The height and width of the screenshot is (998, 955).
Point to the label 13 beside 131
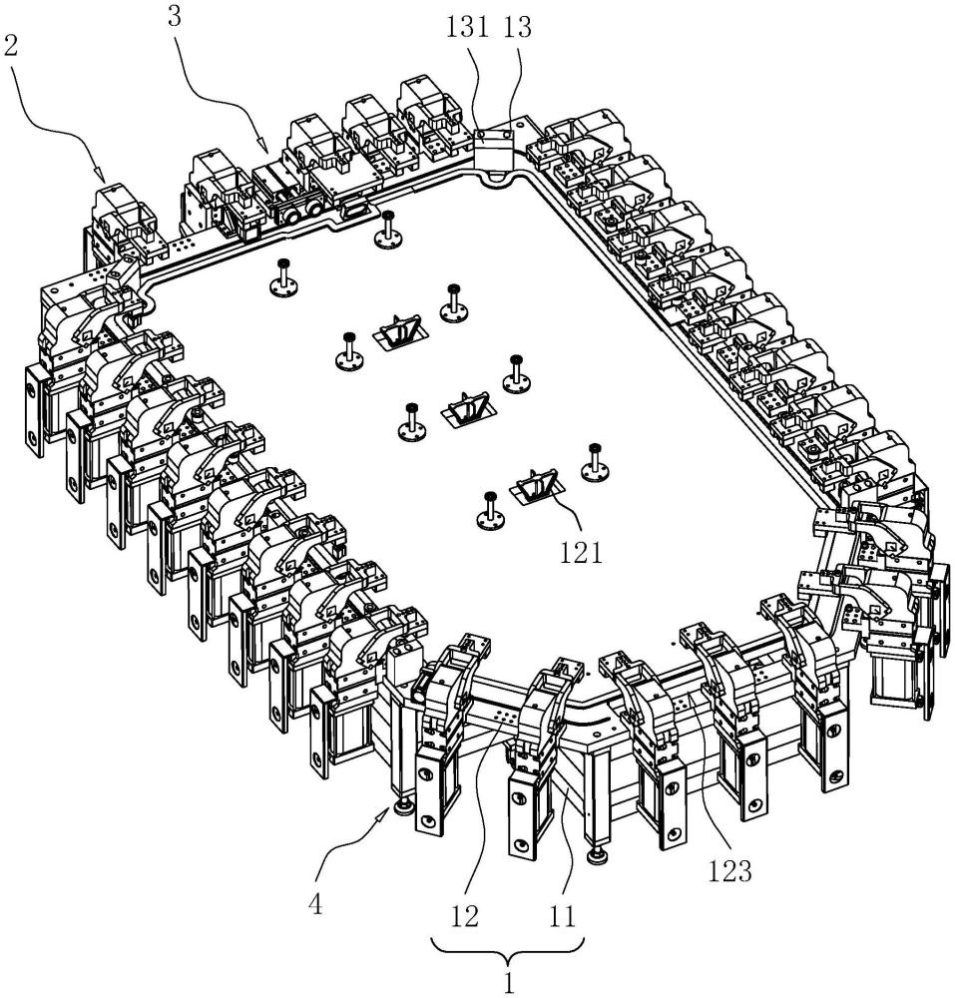(x=518, y=29)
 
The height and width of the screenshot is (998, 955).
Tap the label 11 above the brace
(x=564, y=914)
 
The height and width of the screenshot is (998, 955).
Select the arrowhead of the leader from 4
(x=393, y=811)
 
